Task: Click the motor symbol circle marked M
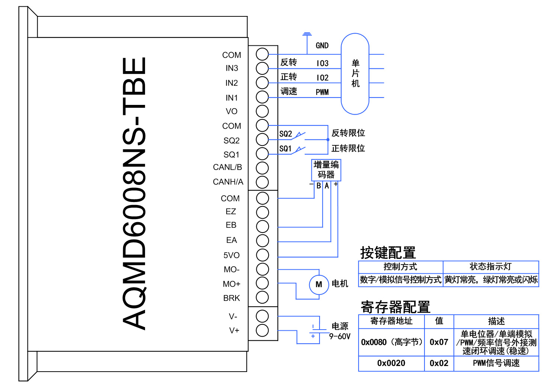click(319, 285)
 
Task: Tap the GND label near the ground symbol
click(322, 45)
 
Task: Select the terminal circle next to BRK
click(262, 297)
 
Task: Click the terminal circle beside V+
click(262, 330)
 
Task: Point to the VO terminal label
click(231, 111)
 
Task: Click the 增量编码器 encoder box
click(326, 170)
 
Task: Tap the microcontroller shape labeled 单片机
click(355, 74)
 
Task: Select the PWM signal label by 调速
click(322, 92)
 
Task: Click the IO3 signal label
click(322, 63)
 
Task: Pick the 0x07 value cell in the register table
click(439, 342)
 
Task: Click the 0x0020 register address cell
click(391, 363)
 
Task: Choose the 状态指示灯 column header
click(490, 267)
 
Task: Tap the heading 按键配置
click(388, 253)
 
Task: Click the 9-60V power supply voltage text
click(340, 336)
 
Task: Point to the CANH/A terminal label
click(228, 182)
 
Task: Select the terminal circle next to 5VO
click(262, 255)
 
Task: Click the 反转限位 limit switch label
click(348, 133)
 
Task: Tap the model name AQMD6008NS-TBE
click(134, 193)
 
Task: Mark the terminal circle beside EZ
click(262, 212)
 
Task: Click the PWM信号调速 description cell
click(496, 363)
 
